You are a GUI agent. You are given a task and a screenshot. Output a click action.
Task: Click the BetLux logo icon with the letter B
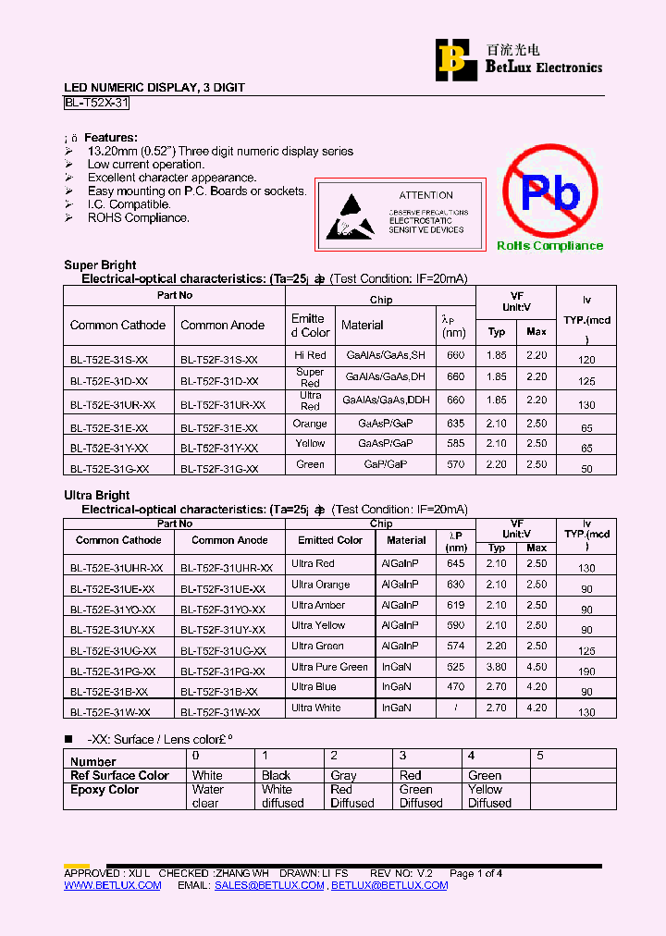pyautogui.click(x=453, y=58)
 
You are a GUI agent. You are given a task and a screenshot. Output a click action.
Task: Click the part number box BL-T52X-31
pyautogui.click(x=96, y=104)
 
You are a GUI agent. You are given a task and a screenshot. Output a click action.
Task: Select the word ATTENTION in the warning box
pyautogui.click(x=425, y=195)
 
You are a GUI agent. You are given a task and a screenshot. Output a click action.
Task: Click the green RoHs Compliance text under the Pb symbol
pyautogui.click(x=549, y=245)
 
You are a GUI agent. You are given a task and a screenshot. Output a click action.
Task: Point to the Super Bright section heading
pyautogui.click(x=100, y=265)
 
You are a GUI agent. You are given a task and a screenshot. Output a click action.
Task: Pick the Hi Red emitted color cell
pyautogui.click(x=310, y=355)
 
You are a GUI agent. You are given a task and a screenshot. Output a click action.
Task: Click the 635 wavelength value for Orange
pyautogui.click(x=455, y=424)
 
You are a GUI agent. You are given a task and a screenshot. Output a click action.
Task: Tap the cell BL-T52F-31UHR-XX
pyautogui.click(x=226, y=568)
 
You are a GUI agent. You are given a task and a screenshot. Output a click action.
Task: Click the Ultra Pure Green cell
pyautogui.click(x=329, y=667)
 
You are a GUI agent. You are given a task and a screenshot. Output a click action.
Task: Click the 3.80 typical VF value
pyautogui.click(x=496, y=667)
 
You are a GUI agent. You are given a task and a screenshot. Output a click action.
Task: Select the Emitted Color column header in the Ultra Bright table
pyautogui.click(x=330, y=540)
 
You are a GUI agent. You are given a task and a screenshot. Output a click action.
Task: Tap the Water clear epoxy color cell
pyautogui.click(x=207, y=796)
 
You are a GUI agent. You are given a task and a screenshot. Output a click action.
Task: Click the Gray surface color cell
pyautogui.click(x=343, y=775)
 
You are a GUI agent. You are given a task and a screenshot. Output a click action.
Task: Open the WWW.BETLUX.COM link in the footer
pyautogui.click(x=112, y=885)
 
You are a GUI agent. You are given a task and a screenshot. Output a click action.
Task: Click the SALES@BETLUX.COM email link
pyautogui.click(x=269, y=885)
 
